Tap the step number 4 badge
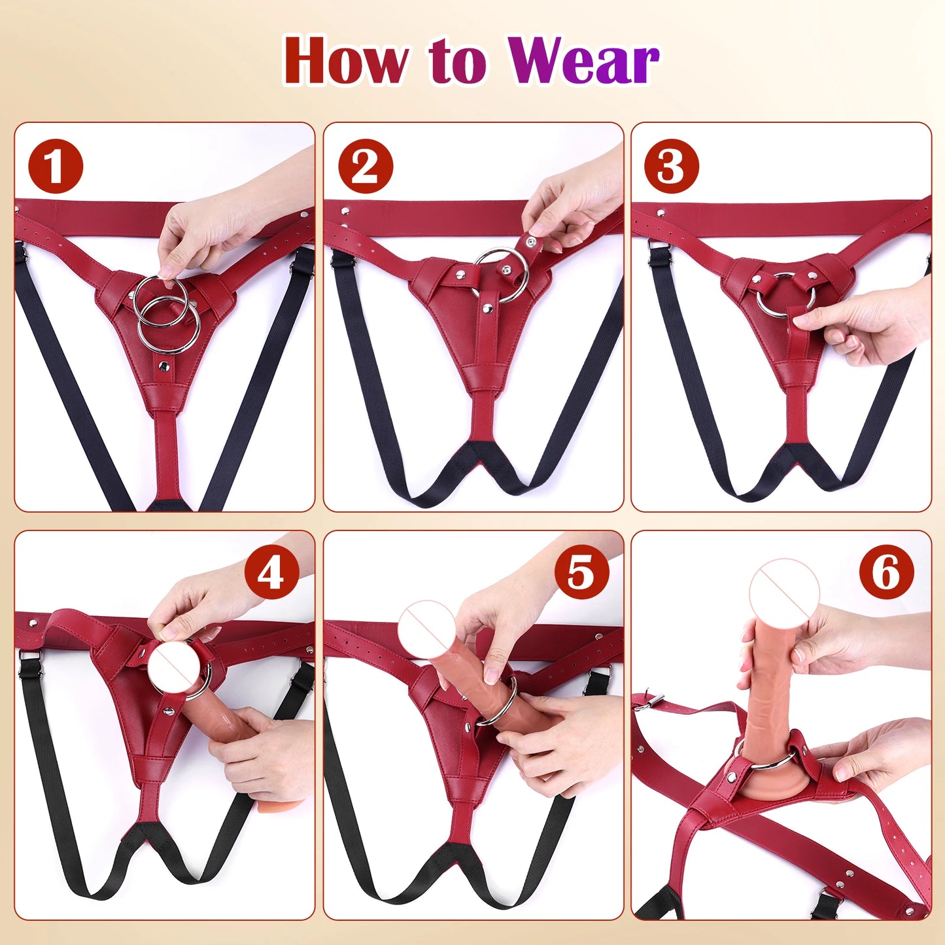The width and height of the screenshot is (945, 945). coord(271,574)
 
